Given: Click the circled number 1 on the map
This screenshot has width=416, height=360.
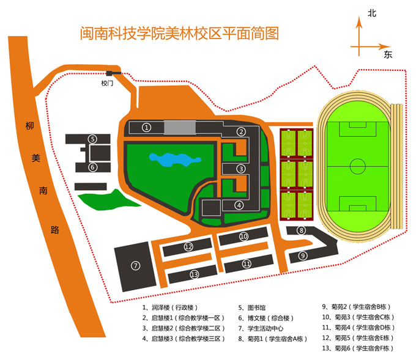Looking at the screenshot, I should click(x=146, y=127).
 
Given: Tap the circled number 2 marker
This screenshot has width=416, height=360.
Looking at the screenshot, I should click(x=242, y=131).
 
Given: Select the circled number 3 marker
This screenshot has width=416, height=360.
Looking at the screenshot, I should click(x=242, y=169).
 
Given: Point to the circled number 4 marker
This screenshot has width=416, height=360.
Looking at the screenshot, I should click(x=239, y=205).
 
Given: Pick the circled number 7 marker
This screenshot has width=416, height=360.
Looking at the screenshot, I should click(x=136, y=265).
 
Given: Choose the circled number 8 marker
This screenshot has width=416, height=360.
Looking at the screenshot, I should click(x=301, y=230).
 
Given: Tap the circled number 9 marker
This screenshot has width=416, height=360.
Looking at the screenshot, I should click(x=302, y=255).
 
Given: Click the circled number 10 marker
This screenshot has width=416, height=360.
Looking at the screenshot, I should click(x=243, y=236).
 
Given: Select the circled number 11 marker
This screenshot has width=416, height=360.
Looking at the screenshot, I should click(x=247, y=264).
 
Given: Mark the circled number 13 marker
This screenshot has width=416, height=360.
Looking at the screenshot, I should click(x=195, y=274).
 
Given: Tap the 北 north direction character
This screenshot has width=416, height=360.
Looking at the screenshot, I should click(x=371, y=13).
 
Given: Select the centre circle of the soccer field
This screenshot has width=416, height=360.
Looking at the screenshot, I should click(x=358, y=164).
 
